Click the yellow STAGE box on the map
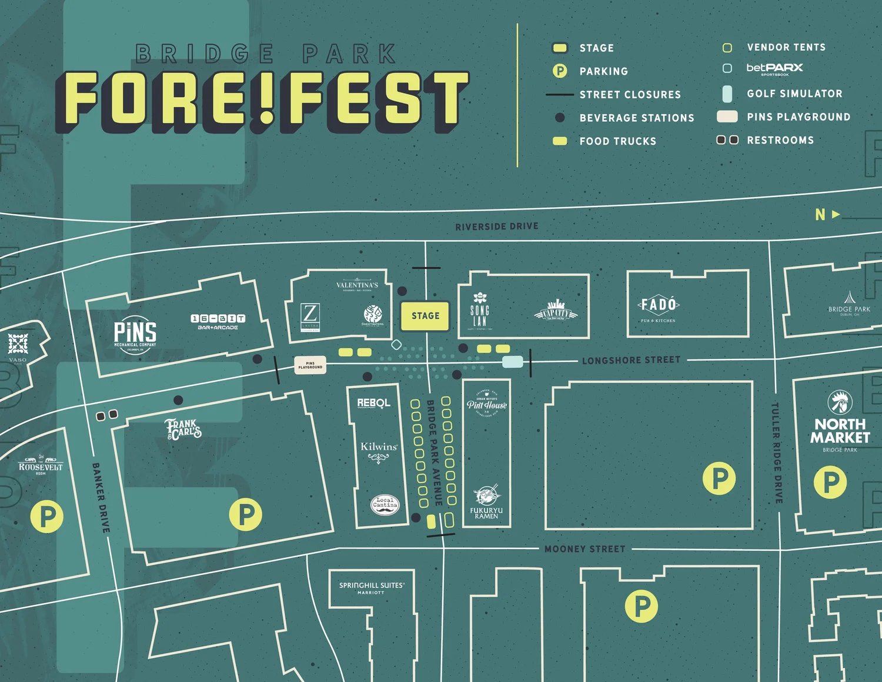[425, 316]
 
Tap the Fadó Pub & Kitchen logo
[659, 308]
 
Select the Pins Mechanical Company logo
[135, 336]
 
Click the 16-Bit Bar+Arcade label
[218, 322]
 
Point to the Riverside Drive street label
[496, 227]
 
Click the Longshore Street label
[631, 360]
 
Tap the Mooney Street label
[584, 549]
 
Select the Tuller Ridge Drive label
[777, 453]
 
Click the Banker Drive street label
[101, 498]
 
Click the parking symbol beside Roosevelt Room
[46, 517]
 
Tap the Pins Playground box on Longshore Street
[310, 365]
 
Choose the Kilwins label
[379, 447]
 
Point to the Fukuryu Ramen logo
[486, 503]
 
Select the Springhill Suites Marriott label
[371, 588]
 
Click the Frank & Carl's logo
[183, 429]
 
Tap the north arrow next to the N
[836, 215]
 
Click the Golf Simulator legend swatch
[727, 94]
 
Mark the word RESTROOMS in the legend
[780, 140]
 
